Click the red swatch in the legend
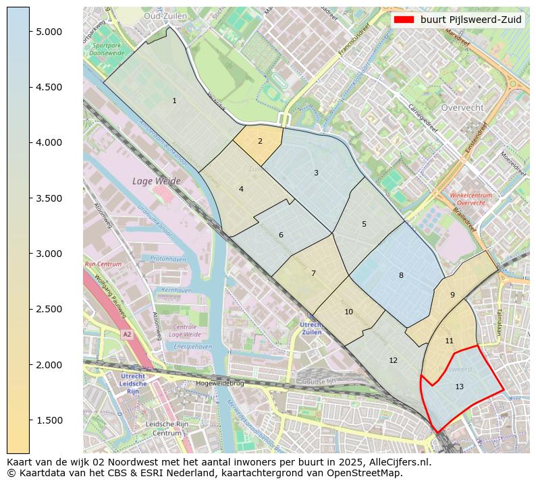(404, 20)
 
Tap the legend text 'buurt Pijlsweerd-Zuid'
(471, 20)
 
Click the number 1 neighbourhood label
(174, 101)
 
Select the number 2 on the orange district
(260, 142)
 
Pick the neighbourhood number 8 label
(401, 275)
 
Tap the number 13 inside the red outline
(459, 387)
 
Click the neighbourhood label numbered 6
(281, 235)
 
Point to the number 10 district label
(348, 312)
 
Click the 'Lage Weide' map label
(157, 181)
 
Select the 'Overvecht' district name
(462, 107)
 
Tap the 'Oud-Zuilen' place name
(161, 15)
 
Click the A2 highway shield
(126, 334)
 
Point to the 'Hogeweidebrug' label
(218, 382)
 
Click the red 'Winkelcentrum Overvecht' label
(471, 199)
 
